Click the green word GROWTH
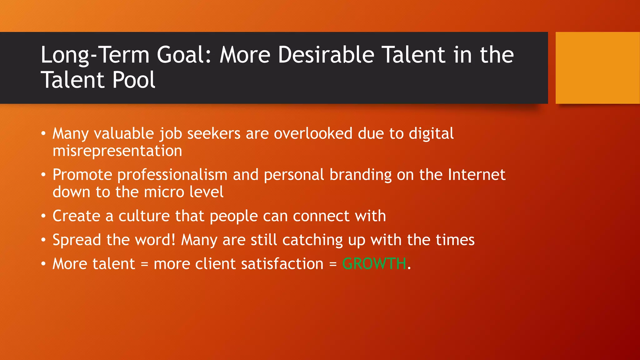(x=374, y=264)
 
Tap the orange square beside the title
(x=597, y=68)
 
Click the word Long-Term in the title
(x=95, y=55)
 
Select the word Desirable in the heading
(x=326, y=55)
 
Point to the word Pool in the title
(x=133, y=80)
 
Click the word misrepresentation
(x=117, y=151)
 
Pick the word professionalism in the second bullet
(x=172, y=175)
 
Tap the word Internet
(x=476, y=175)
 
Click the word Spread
(x=77, y=240)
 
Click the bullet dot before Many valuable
(x=43, y=134)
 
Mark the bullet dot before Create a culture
(x=43, y=216)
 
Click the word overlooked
(x=313, y=134)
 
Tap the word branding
(x=360, y=175)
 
